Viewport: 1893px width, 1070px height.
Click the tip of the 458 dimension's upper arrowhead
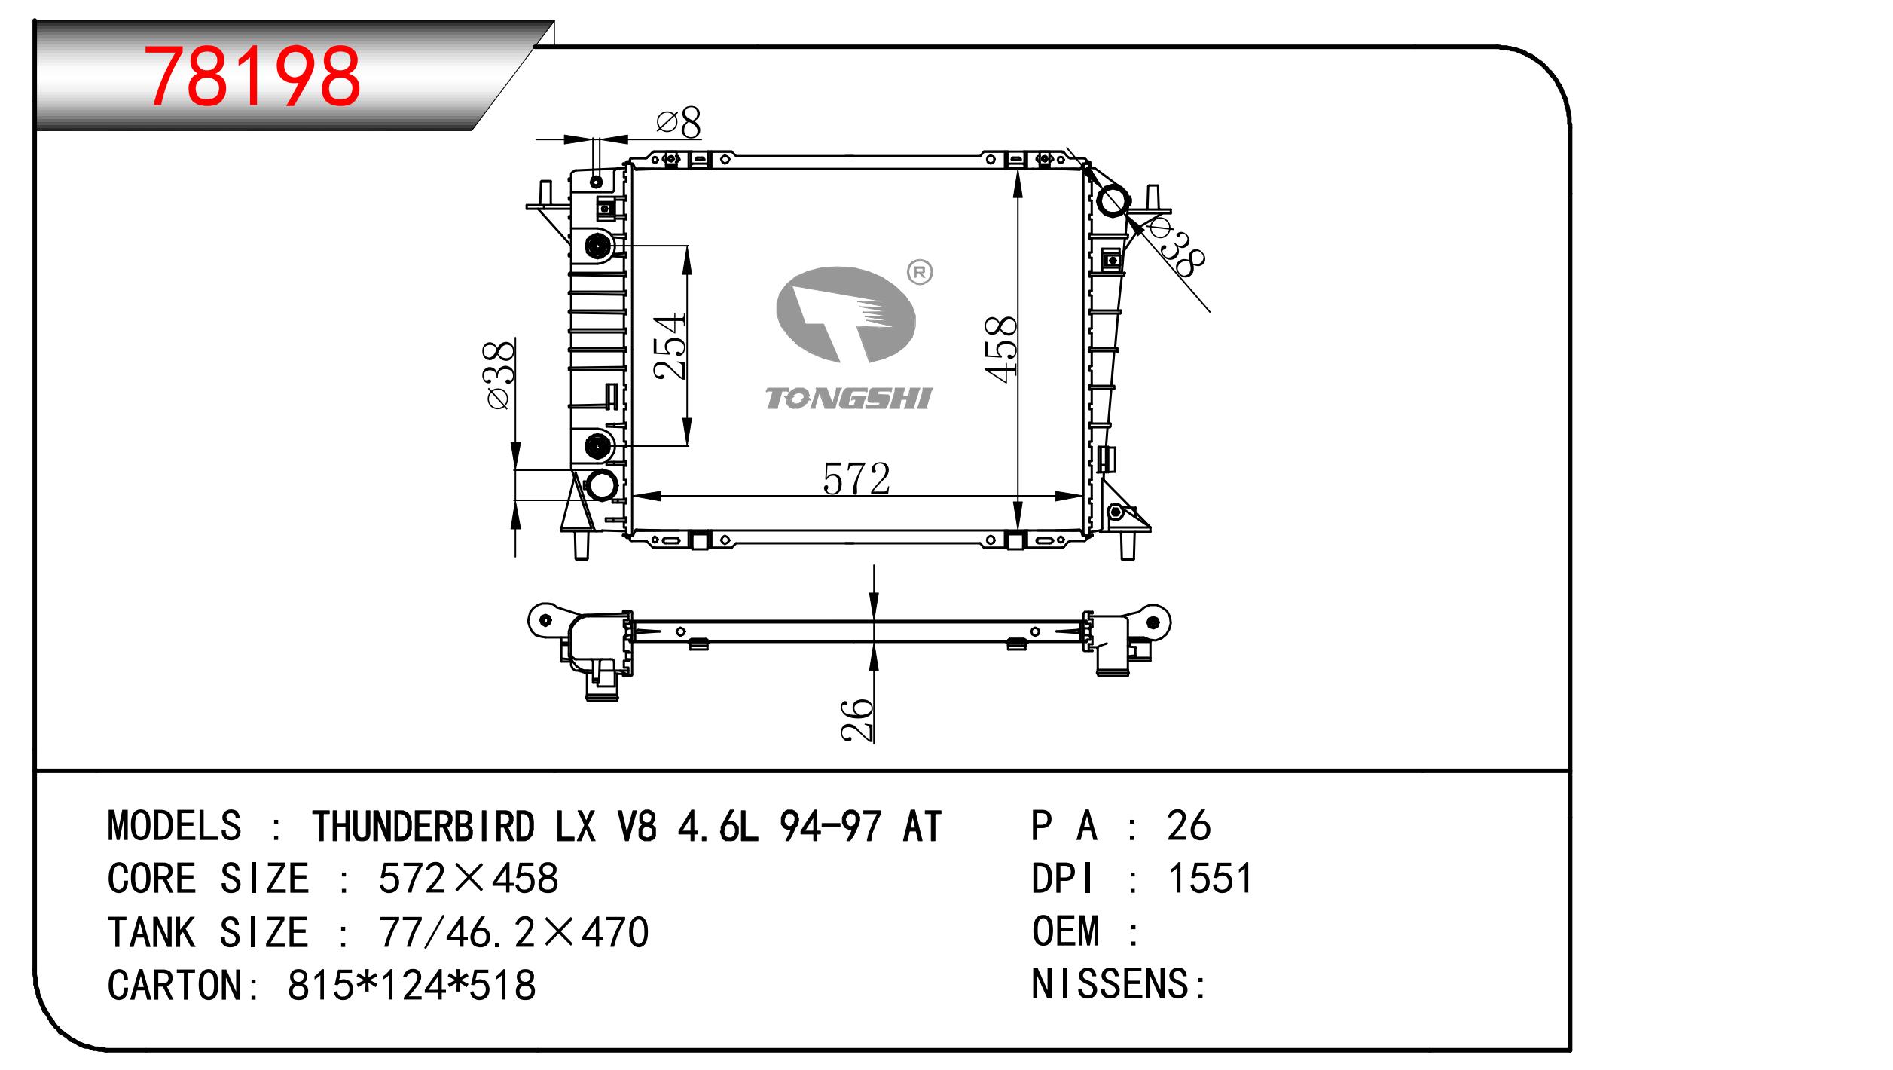click(x=1018, y=170)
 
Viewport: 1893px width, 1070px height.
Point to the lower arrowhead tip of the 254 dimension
click(x=687, y=445)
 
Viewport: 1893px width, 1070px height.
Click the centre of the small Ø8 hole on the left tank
click(x=596, y=182)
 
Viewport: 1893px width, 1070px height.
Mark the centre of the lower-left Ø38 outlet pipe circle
click(x=601, y=485)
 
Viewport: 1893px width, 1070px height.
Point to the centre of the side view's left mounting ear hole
click(x=545, y=619)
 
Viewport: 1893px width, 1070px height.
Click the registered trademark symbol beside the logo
click(x=919, y=273)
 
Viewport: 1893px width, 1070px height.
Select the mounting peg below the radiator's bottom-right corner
click(x=1127, y=546)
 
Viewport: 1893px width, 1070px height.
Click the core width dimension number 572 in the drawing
click(x=856, y=479)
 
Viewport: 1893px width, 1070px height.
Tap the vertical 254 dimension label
click(x=670, y=346)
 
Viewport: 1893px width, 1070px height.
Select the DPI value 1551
click(x=1211, y=878)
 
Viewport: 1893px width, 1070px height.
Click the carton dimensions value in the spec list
click(x=411, y=985)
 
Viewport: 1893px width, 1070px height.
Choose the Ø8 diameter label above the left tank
click(x=678, y=122)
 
